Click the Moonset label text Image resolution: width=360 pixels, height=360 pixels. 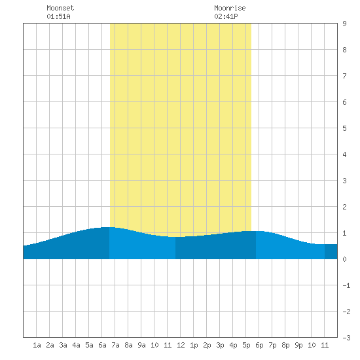coord(60,8)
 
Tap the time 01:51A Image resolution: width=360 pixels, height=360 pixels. coord(58,16)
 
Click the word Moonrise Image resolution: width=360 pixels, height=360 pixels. coord(230,8)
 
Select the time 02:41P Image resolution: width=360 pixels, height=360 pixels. coord(226,16)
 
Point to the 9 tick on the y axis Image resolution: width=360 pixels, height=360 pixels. coord(344,24)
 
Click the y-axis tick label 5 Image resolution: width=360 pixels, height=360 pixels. coord(344,128)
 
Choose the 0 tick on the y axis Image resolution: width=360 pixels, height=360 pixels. coord(344,259)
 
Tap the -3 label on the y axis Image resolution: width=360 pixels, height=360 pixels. coord(346,338)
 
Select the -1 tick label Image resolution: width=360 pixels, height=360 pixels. coord(346,285)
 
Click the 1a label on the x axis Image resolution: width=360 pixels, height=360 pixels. coord(37,345)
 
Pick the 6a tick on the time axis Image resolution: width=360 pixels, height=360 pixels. coord(102,345)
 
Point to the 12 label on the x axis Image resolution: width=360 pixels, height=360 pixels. coord(181,345)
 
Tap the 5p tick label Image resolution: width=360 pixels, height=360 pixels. coord(246,345)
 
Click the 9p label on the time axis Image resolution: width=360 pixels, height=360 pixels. coord(298,345)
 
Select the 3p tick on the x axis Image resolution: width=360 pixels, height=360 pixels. coord(220,345)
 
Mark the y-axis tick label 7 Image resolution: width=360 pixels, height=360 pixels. coord(344,76)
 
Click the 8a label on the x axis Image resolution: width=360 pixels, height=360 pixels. coord(128,345)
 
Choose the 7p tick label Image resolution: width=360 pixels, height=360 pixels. coord(272,345)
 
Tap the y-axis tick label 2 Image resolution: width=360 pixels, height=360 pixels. coord(344,207)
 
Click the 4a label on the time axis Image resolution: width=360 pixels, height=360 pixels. coord(76,345)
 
